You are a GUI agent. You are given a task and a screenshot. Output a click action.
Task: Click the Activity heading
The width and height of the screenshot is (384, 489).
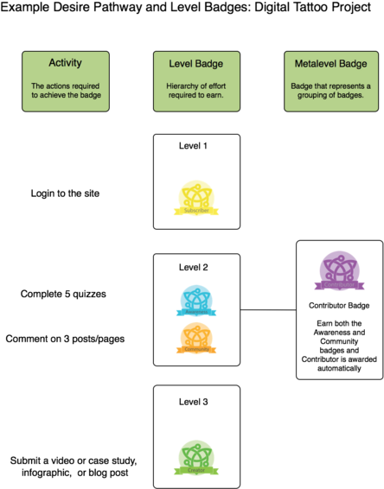(x=66, y=63)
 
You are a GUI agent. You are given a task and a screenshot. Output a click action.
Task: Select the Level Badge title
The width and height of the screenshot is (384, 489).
(x=196, y=64)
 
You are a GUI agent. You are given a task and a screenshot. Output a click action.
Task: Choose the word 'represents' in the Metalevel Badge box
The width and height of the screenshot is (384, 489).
(x=342, y=86)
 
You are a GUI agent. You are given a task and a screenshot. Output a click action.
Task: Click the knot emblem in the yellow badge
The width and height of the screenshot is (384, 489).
(x=197, y=194)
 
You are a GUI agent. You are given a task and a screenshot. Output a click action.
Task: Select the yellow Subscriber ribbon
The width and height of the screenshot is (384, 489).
(x=197, y=210)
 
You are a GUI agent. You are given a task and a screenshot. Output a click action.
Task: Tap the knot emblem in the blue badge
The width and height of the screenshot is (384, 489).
(x=196, y=298)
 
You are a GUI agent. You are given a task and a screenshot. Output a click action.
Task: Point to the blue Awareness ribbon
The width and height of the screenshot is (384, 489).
(x=196, y=312)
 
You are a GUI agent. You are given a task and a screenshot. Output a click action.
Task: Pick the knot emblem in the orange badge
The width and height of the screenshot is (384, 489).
(x=196, y=335)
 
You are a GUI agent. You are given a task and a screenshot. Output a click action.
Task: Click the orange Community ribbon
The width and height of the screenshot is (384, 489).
(x=196, y=350)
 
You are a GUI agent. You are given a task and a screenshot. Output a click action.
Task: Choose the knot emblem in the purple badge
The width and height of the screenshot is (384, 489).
(x=339, y=268)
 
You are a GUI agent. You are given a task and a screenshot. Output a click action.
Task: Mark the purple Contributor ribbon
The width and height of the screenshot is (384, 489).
(x=339, y=285)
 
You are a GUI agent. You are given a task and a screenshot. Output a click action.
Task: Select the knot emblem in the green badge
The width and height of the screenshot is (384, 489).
(x=195, y=454)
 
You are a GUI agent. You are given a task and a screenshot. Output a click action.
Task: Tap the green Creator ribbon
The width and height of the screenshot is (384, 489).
(x=195, y=470)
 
